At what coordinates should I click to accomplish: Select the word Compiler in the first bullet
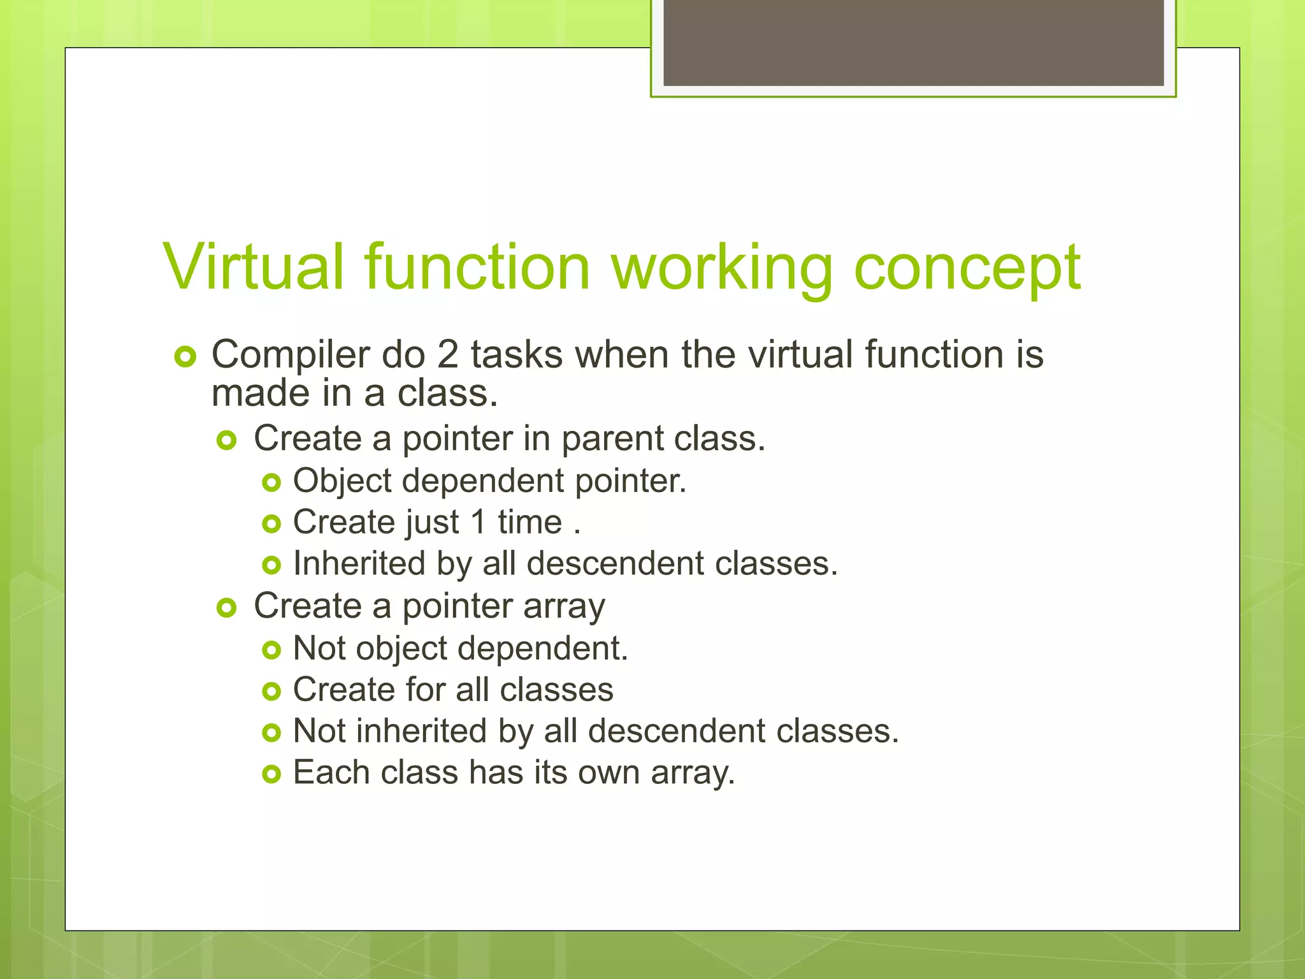(290, 354)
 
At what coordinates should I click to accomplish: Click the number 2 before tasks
(447, 354)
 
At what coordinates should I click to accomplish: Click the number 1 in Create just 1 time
(478, 522)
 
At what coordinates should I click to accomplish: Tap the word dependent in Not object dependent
(542, 648)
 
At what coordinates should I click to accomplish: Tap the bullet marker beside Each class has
(271, 774)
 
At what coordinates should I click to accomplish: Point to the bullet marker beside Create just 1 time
(271, 524)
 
